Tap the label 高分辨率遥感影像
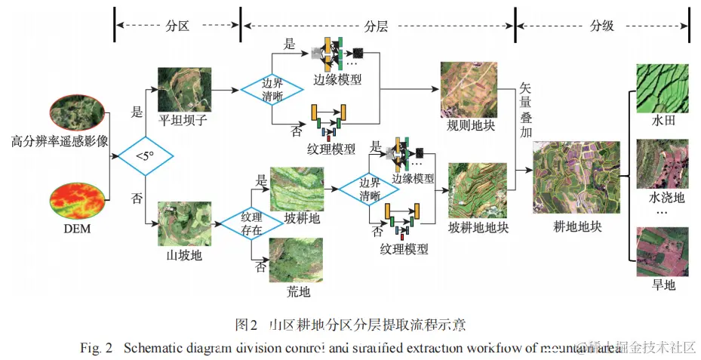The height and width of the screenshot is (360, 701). coord(60,140)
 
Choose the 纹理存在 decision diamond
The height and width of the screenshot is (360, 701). coord(251,224)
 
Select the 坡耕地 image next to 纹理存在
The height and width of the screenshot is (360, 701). coord(297,187)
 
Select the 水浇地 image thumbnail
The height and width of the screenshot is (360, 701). coord(662,163)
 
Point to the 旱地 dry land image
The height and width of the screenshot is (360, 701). coord(662,251)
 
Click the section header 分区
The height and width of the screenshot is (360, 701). coord(177,25)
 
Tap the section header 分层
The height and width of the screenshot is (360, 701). coord(377,25)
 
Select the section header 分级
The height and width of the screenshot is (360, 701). coord(601,25)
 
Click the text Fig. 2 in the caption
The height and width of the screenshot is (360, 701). coord(97,348)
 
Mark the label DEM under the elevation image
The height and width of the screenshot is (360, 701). coord(76,229)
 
